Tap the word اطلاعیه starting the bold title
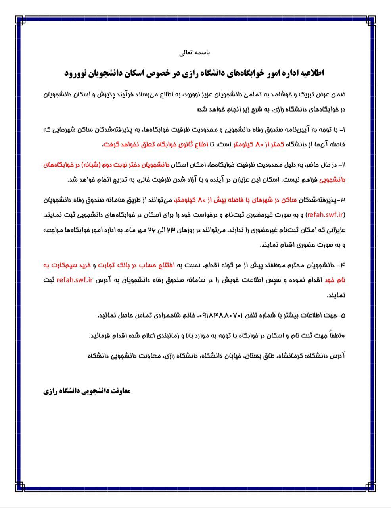coord(310,73)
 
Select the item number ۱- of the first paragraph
coord(343,129)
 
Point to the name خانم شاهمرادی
coord(174,316)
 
